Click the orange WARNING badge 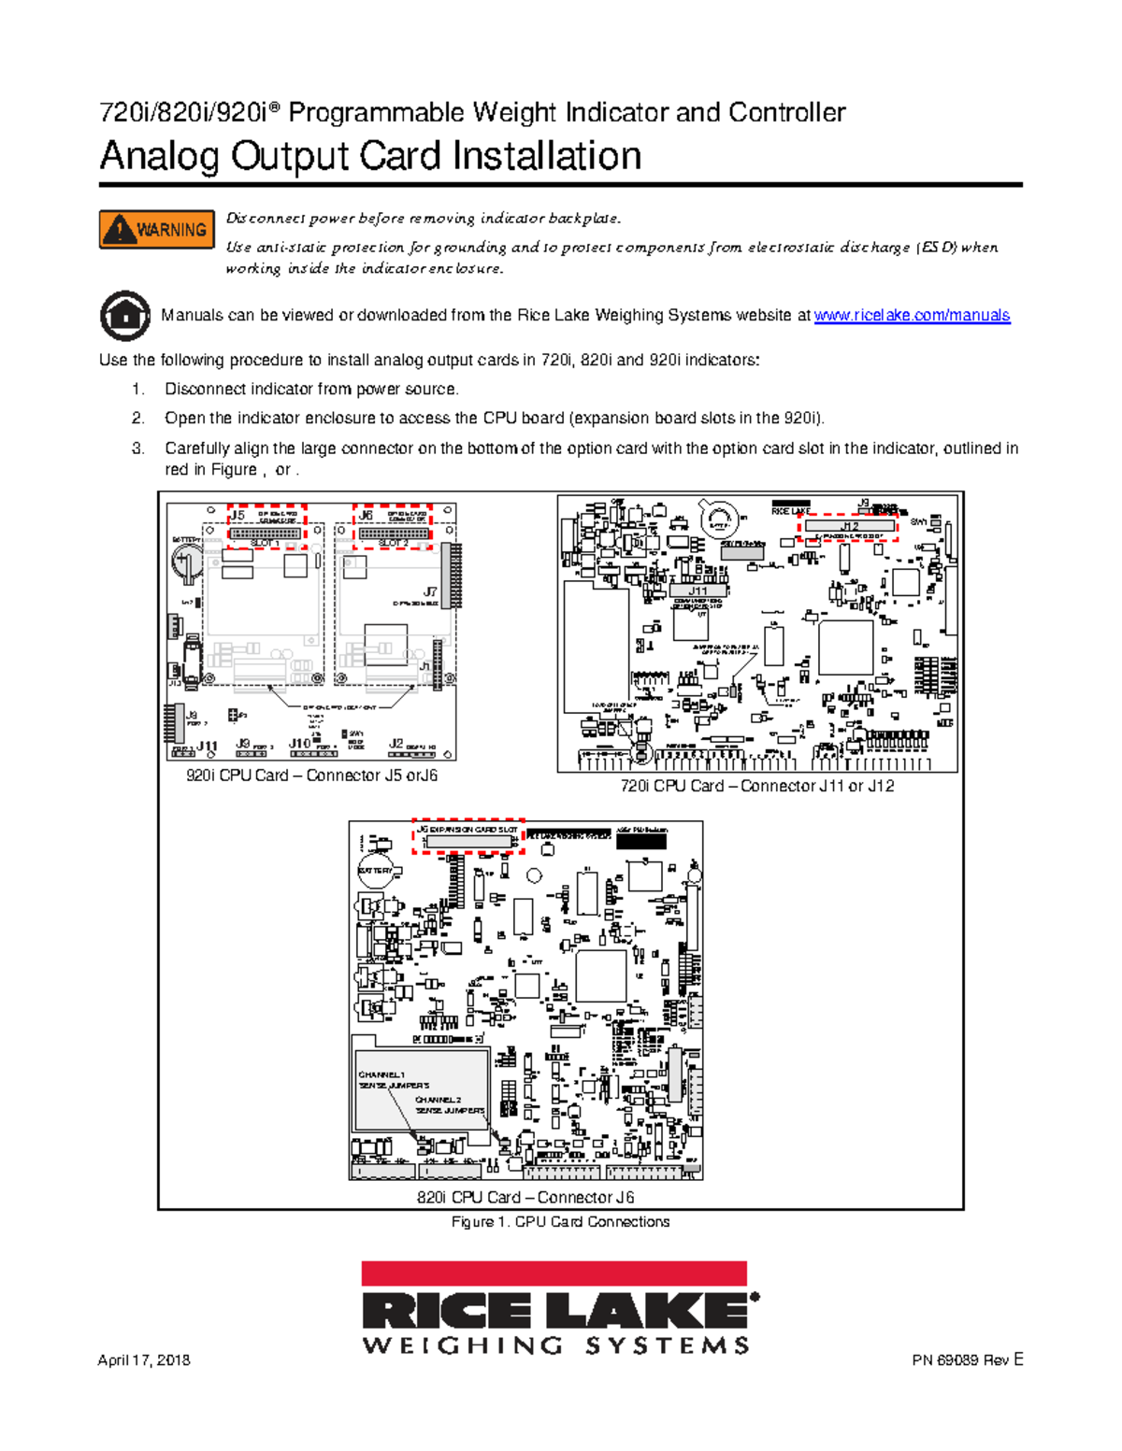[x=157, y=230]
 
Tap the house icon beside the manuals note [x=124, y=316]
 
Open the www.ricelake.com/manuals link [x=912, y=316]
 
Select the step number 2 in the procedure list [x=138, y=419]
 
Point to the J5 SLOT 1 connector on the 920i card [x=266, y=533]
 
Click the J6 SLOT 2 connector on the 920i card [x=394, y=533]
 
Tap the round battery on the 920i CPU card [x=187, y=561]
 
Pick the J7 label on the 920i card [x=429, y=591]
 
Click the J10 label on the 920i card [x=299, y=744]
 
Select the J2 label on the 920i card [x=396, y=744]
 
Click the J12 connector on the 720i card [x=848, y=527]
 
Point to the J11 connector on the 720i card [x=698, y=591]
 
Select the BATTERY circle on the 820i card [x=376, y=871]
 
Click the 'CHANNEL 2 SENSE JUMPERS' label [x=450, y=1105]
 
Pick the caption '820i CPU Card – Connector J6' [x=525, y=1197]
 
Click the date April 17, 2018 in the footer [x=144, y=1360]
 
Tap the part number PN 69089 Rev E [x=968, y=1360]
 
